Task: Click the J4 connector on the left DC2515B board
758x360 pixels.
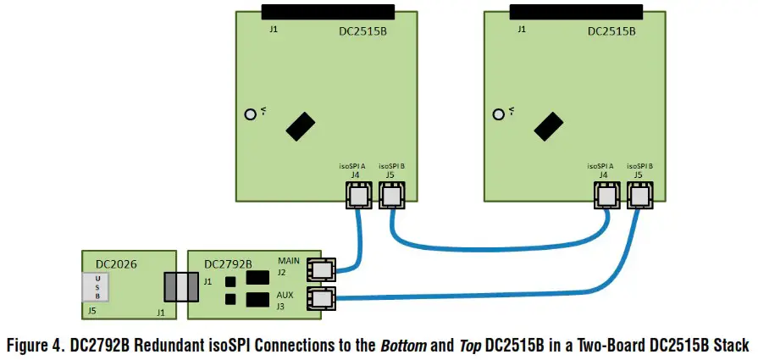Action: point(358,197)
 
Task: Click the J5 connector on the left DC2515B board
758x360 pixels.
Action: point(390,197)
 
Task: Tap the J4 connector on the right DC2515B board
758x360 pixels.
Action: point(606,197)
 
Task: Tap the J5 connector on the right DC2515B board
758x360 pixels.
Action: point(639,197)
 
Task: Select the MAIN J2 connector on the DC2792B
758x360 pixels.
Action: point(321,269)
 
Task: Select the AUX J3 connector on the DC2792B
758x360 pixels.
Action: point(321,299)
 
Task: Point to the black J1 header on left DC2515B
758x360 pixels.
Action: point(328,12)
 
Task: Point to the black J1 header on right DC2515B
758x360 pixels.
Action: point(577,12)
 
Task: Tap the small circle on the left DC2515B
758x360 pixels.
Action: point(250,114)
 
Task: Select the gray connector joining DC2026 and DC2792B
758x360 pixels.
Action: point(179,285)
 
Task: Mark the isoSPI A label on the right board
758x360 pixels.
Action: point(600,165)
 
